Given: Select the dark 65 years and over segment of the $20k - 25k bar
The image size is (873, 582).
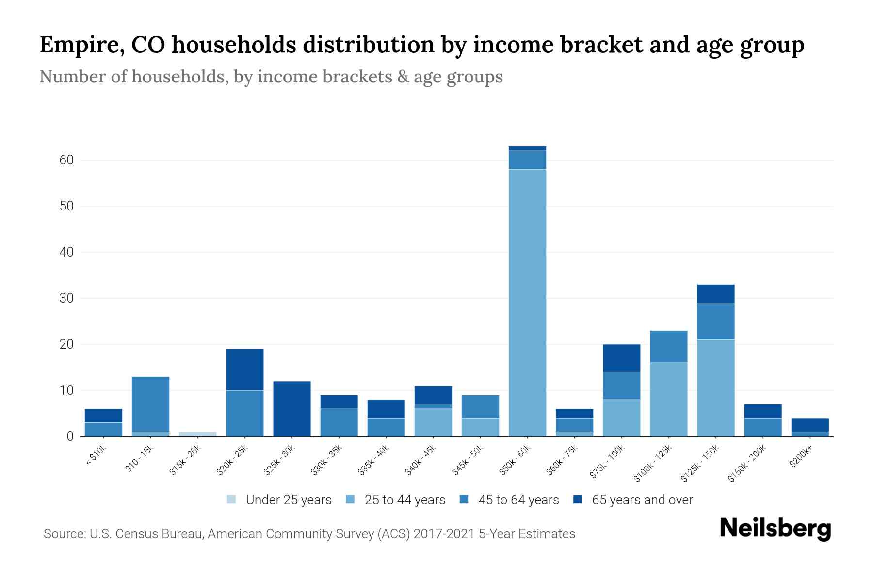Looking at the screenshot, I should (245, 370).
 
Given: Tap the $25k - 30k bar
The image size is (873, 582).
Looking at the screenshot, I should (292, 409).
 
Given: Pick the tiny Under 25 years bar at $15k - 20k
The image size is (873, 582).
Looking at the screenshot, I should (198, 434).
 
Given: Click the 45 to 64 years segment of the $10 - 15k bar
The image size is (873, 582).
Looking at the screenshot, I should (151, 404).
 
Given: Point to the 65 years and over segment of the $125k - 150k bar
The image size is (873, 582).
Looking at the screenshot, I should (716, 294).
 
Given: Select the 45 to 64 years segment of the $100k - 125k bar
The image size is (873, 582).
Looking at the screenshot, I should (669, 347).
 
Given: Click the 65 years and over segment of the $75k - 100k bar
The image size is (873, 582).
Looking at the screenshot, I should (622, 358).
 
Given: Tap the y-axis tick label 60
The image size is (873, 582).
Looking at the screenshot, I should (66, 160).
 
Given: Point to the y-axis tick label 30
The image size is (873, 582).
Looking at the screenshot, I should (66, 298).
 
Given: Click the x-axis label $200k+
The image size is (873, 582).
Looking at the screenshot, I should (801, 458).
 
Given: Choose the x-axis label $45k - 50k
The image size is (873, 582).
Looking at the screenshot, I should (468, 461).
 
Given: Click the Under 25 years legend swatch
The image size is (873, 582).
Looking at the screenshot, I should (231, 500).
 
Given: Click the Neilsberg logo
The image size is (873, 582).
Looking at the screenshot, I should (775, 529).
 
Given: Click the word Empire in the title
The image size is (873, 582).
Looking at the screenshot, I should (75, 45).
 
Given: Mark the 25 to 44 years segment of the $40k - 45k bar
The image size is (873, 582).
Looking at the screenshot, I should (433, 422).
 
